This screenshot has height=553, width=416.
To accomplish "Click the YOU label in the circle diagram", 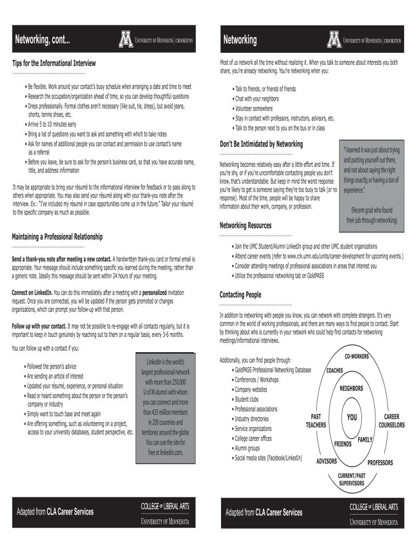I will tap(352, 417).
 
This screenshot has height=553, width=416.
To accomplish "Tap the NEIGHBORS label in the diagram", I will tap(351, 389).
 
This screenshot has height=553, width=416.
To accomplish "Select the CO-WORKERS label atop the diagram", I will tap(357, 358).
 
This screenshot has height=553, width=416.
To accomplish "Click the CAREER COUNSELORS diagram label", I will tap(391, 421).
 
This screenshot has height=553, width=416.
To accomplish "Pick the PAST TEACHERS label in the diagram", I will tap(316, 421).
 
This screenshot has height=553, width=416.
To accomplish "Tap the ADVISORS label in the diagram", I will tap(327, 461).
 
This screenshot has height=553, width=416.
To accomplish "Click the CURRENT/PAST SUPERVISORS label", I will tap(351, 480).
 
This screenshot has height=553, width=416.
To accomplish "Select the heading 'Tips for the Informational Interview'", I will tap(54, 64).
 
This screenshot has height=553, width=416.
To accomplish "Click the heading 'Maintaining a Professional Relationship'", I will tap(57, 237).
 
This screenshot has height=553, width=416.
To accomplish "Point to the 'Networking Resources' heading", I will tap(245, 225).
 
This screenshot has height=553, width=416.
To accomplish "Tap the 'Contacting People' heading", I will tap(240, 295).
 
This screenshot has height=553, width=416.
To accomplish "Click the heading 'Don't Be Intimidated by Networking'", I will tap(261, 144).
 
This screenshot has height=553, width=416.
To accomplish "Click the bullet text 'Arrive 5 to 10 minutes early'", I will tap(52, 124).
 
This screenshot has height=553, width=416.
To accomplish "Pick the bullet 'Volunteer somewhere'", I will tap(254, 109).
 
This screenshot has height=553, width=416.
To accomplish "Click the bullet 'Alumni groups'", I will tap(247, 448).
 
